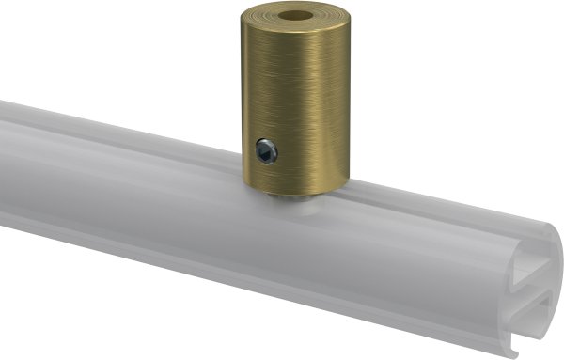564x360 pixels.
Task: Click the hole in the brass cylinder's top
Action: coord(296,19)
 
